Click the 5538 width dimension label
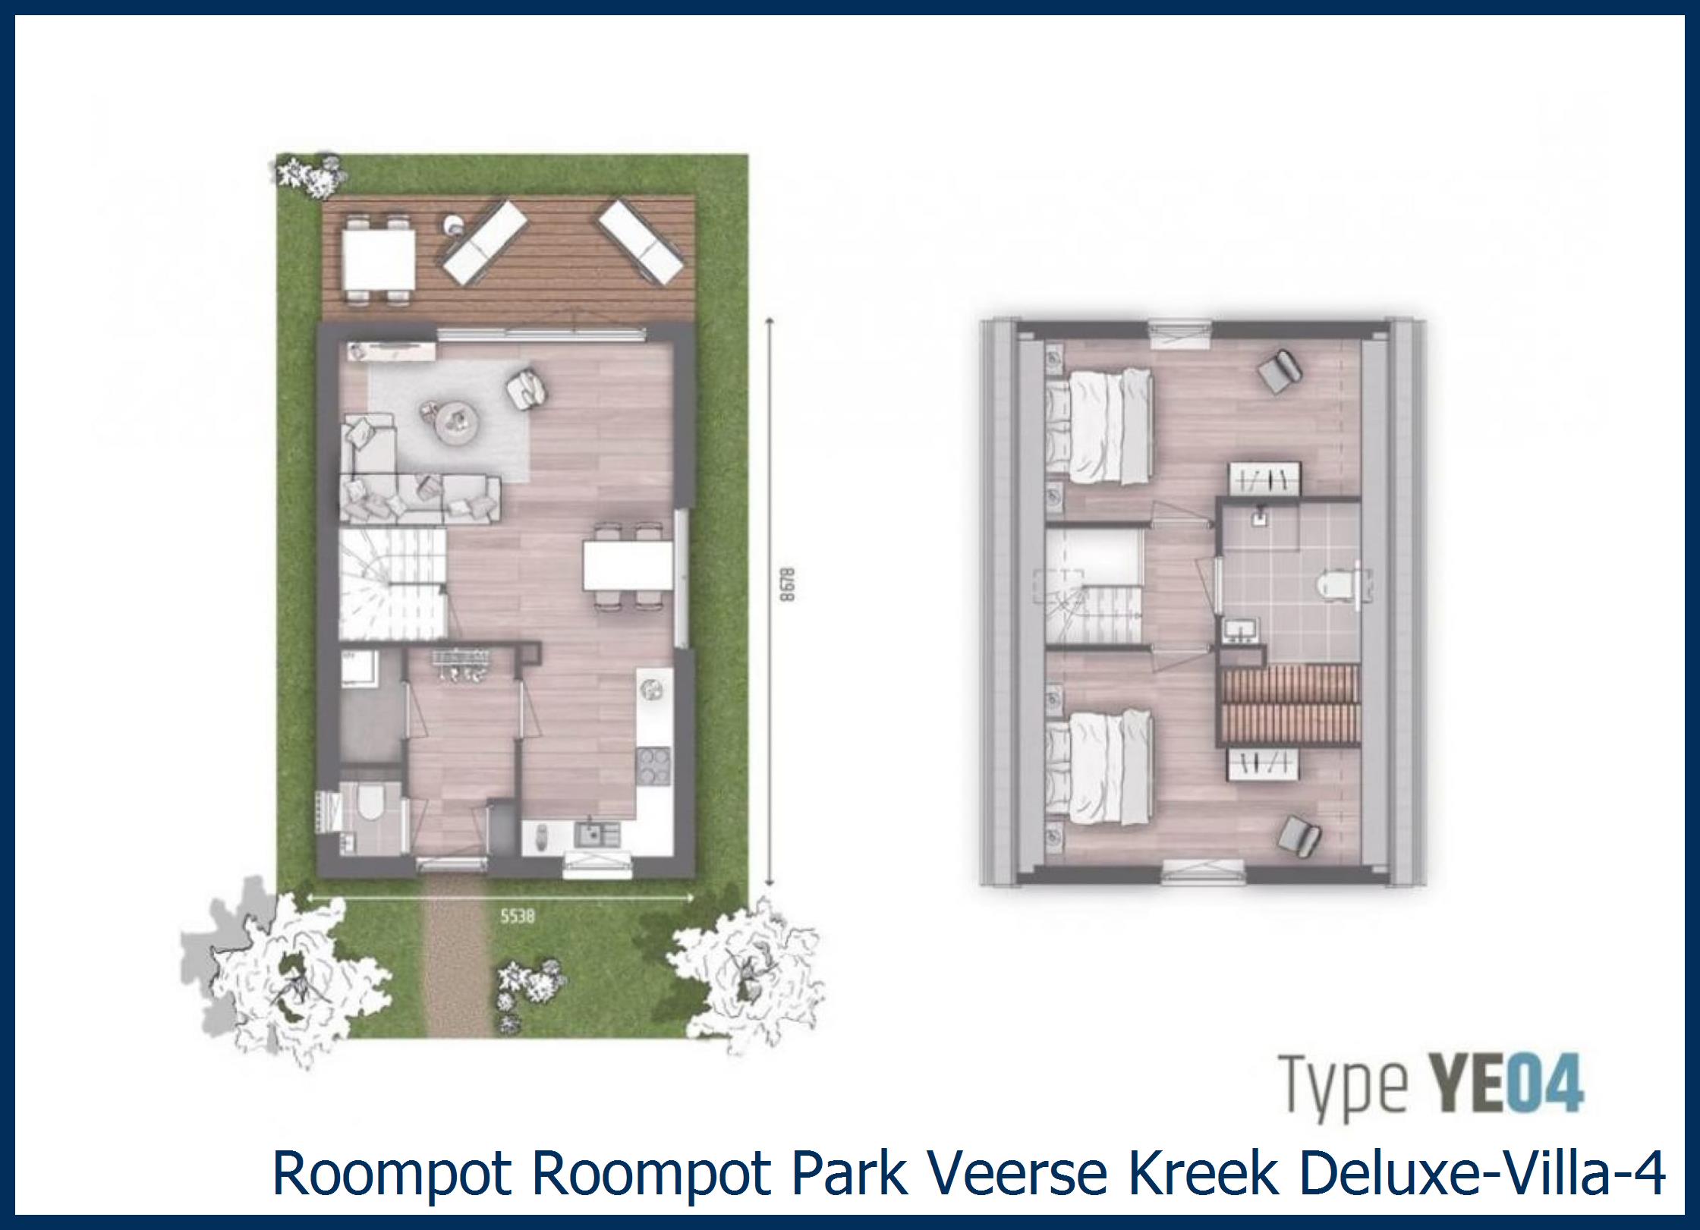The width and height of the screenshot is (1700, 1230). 517,917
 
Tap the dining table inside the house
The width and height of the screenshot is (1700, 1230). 628,565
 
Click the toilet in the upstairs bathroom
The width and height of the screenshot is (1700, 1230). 1333,583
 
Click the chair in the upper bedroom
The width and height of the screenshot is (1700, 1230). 1280,372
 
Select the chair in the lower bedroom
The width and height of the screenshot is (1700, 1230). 1299,833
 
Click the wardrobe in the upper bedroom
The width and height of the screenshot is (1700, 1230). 1266,480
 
